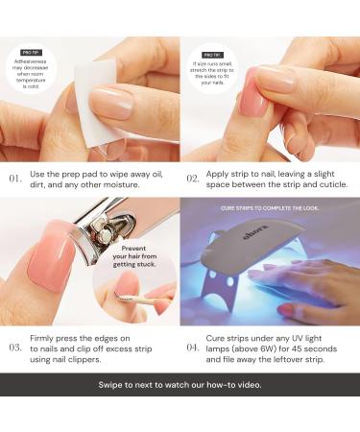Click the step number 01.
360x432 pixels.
(x=14, y=179)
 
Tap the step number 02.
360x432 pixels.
(x=193, y=179)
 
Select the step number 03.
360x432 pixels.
(x=14, y=347)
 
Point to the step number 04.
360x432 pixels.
(x=193, y=347)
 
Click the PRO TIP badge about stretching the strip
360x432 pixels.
(x=212, y=56)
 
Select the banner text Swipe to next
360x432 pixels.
(x=180, y=384)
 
